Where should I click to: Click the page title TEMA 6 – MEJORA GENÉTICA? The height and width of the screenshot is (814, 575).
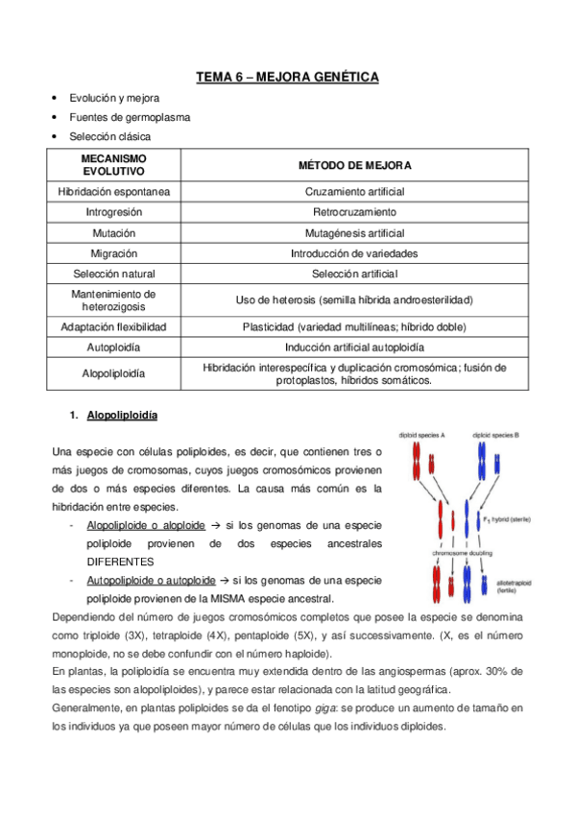pyautogui.click(x=287, y=76)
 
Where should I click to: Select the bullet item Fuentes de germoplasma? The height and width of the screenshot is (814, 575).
pyautogui.click(x=129, y=117)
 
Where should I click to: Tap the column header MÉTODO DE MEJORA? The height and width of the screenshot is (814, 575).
pyautogui.click(x=354, y=164)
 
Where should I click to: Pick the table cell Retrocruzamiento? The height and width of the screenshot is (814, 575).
pyautogui.click(x=354, y=212)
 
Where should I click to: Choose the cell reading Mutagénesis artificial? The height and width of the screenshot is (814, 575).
pyautogui.click(x=354, y=233)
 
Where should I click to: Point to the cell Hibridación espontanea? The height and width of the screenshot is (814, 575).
pyautogui.click(x=114, y=192)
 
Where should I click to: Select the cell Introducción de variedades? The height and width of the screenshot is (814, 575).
pyautogui.click(x=354, y=253)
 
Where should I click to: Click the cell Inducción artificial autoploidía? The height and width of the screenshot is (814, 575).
pyautogui.click(x=354, y=347)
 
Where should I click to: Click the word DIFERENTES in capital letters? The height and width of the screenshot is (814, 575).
pyautogui.click(x=120, y=562)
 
